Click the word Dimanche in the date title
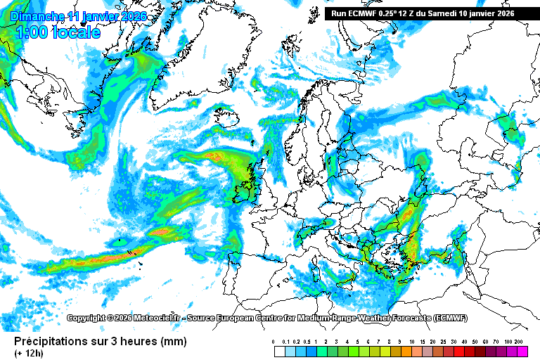[38, 16]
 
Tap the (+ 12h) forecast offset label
[29, 353]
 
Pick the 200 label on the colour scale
[520, 342]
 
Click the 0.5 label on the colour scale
[307, 342]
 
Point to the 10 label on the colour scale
[410, 342]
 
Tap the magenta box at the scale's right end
[521, 351]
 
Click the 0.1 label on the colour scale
[285, 342]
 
